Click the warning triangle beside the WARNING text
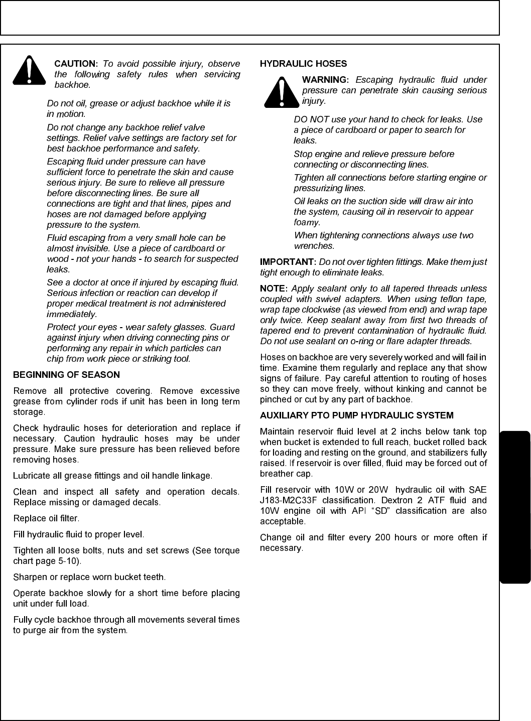coord(282,92)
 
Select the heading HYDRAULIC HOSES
coord(303,64)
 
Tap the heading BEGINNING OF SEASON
coord(66,375)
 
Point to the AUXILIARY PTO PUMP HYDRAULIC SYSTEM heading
coord(356,415)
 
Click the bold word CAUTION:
coord(76,64)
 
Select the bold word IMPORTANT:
coord(288,262)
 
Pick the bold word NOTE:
coord(274,289)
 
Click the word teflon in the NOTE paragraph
coord(450,299)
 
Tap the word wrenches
coord(314,246)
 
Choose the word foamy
coord(306,222)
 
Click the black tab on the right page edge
coord(515,507)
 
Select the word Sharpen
coord(29,577)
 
